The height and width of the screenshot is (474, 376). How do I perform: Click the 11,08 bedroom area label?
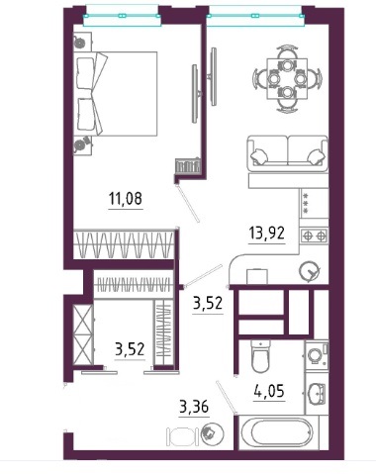(x=126, y=199)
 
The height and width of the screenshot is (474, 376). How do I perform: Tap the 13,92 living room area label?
(x=267, y=234)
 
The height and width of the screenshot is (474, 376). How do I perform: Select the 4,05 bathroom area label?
(x=269, y=391)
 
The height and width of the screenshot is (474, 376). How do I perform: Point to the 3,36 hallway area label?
(x=194, y=407)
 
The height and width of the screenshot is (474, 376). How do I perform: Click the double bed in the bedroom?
(x=115, y=93)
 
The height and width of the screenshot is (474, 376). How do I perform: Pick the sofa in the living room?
(x=288, y=153)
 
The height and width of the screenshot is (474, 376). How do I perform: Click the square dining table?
(x=287, y=79)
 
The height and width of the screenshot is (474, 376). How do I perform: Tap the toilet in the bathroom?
(x=260, y=356)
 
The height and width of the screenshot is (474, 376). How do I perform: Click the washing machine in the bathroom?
(x=317, y=355)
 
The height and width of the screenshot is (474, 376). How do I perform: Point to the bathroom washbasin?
(x=317, y=394)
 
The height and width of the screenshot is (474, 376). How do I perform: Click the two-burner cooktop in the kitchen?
(x=315, y=236)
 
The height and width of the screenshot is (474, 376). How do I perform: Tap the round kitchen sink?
(x=309, y=271)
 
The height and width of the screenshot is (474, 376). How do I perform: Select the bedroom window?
(x=122, y=16)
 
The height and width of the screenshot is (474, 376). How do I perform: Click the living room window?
(x=254, y=16)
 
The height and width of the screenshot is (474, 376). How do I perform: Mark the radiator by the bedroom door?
(x=188, y=165)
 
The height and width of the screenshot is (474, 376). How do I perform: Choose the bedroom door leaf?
(x=188, y=203)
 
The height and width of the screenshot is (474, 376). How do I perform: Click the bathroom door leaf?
(x=227, y=397)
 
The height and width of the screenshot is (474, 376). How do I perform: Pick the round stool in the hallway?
(x=213, y=431)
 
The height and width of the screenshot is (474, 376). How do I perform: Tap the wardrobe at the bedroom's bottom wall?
(x=124, y=244)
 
